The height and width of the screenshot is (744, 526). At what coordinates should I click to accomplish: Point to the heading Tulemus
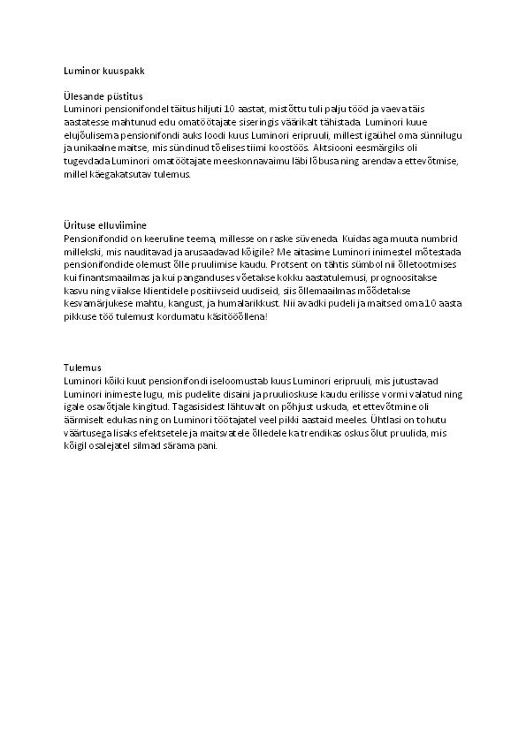(83, 367)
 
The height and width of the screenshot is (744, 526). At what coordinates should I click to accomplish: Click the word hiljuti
(203, 107)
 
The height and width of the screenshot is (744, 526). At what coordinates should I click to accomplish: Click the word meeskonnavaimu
(245, 163)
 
